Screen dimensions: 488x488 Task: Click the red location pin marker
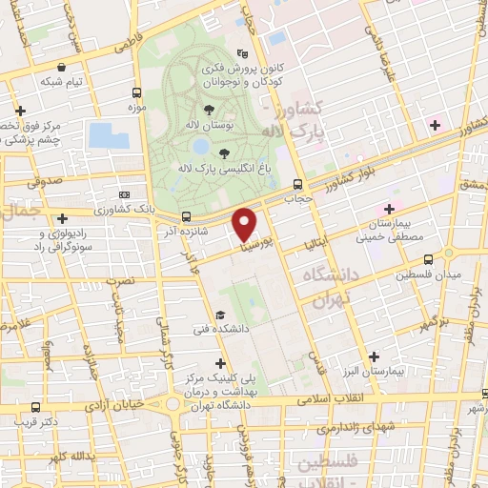pos(244,224)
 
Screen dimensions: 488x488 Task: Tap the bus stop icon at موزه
pos(136,93)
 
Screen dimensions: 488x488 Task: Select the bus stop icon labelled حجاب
pos(298,184)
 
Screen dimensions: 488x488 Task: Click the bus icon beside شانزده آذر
pos(186,216)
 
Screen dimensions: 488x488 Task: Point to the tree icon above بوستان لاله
pos(209,110)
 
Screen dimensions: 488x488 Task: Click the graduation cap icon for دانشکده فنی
pos(220,315)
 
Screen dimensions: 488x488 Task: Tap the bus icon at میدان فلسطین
pos(427,258)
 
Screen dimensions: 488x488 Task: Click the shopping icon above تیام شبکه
pos(62,68)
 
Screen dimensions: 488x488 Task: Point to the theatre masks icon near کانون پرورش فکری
pos(242,55)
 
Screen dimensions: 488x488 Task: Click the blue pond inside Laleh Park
pos(200,147)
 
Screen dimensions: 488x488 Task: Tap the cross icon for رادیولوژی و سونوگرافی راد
pos(63,218)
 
